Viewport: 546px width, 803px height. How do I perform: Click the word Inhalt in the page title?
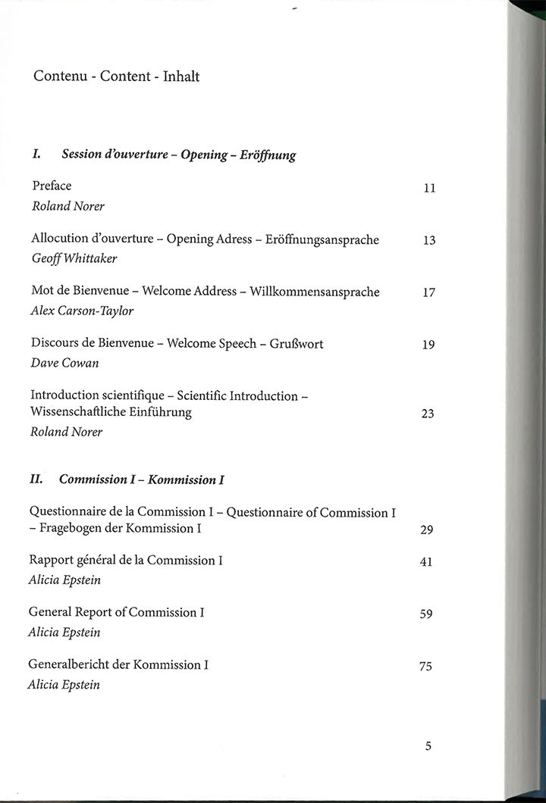[x=181, y=77]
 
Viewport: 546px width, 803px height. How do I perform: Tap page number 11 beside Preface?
[x=429, y=189]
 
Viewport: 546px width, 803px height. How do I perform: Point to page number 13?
[x=429, y=241]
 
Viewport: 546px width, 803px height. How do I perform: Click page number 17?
[x=428, y=293]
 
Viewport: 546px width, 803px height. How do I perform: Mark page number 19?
[x=428, y=345]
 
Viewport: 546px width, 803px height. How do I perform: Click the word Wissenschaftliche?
[x=80, y=412]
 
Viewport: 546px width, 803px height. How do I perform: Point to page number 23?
[x=428, y=414]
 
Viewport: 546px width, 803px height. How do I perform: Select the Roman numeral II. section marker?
[x=36, y=479]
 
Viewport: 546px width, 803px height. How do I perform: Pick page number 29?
[x=426, y=530]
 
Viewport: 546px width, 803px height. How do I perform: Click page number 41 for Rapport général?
[x=426, y=563]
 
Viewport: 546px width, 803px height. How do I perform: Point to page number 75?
[x=425, y=667]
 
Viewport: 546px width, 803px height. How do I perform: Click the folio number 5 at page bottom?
[x=428, y=746]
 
